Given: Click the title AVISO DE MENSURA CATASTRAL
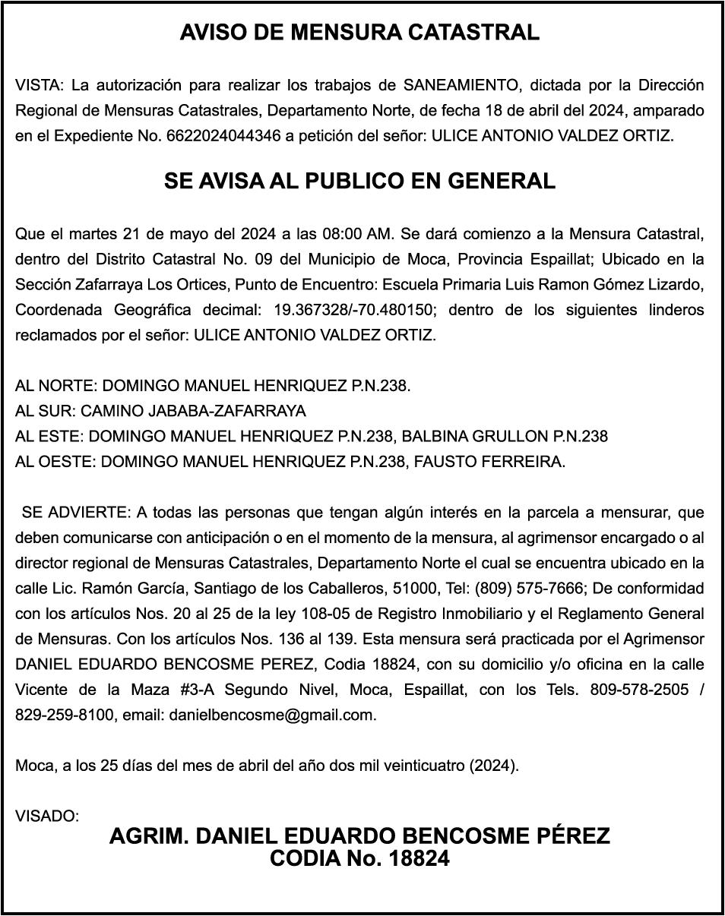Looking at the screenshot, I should pos(359,33).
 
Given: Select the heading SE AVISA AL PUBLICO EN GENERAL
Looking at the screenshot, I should pos(359,182).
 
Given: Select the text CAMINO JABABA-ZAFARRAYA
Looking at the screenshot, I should pos(193,412).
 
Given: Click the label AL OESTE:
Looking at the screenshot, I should pos(56,462).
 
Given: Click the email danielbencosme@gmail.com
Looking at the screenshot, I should pos(272,715).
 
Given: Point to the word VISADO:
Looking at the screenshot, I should pos(47,817).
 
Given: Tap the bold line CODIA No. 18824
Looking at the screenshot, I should pos(359,859).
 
